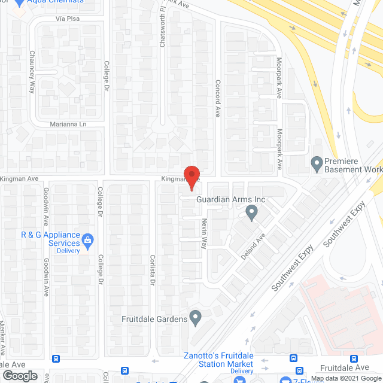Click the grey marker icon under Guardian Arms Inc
click(252, 212)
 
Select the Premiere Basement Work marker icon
click(316, 162)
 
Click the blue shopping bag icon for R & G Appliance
click(88, 241)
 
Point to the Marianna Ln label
click(69, 124)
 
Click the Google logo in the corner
click(19, 376)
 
